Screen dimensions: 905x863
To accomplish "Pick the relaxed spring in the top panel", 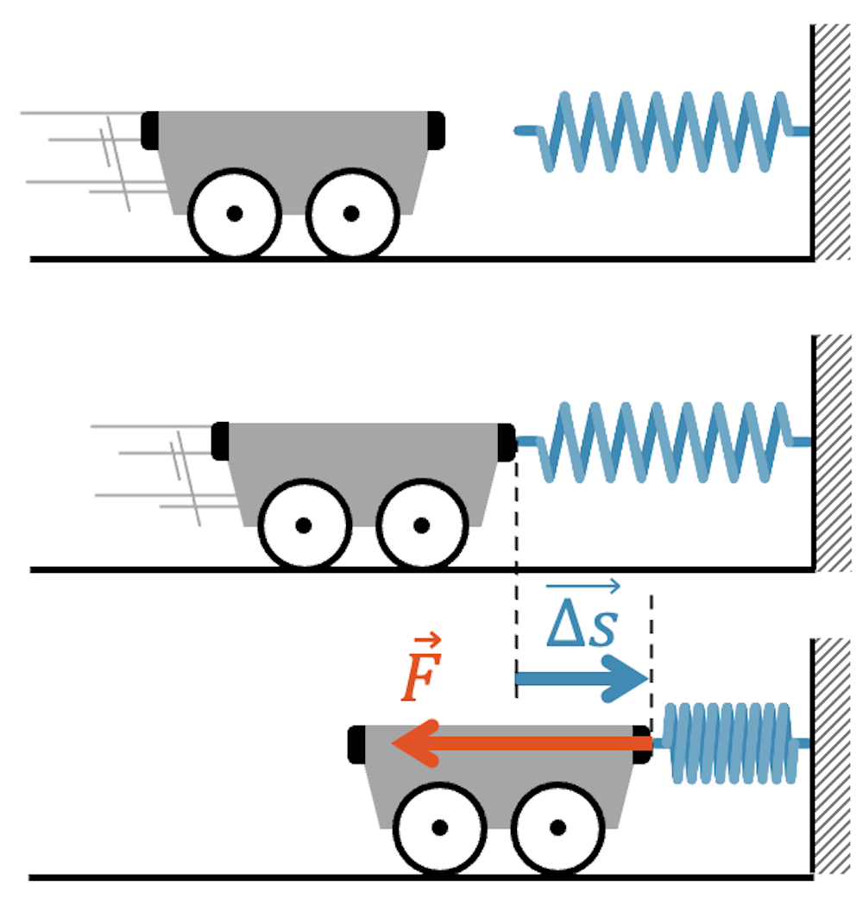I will click(665, 131).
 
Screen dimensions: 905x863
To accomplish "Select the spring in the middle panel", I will click(665, 442).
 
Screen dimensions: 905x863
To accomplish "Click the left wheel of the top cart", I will click(235, 213).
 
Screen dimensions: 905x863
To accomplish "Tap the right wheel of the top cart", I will click(351, 213).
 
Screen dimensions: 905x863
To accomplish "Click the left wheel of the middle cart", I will click(304, 525).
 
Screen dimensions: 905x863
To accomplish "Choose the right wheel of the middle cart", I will click(421, 525).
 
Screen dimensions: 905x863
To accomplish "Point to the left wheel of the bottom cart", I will click(439, 827).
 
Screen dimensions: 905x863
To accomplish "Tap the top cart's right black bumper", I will click(436, 129).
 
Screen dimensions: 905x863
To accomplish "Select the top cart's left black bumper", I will click(150, 129).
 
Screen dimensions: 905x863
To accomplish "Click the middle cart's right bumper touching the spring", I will click(506, 441).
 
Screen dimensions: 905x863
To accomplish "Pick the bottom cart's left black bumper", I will click(356, 744).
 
